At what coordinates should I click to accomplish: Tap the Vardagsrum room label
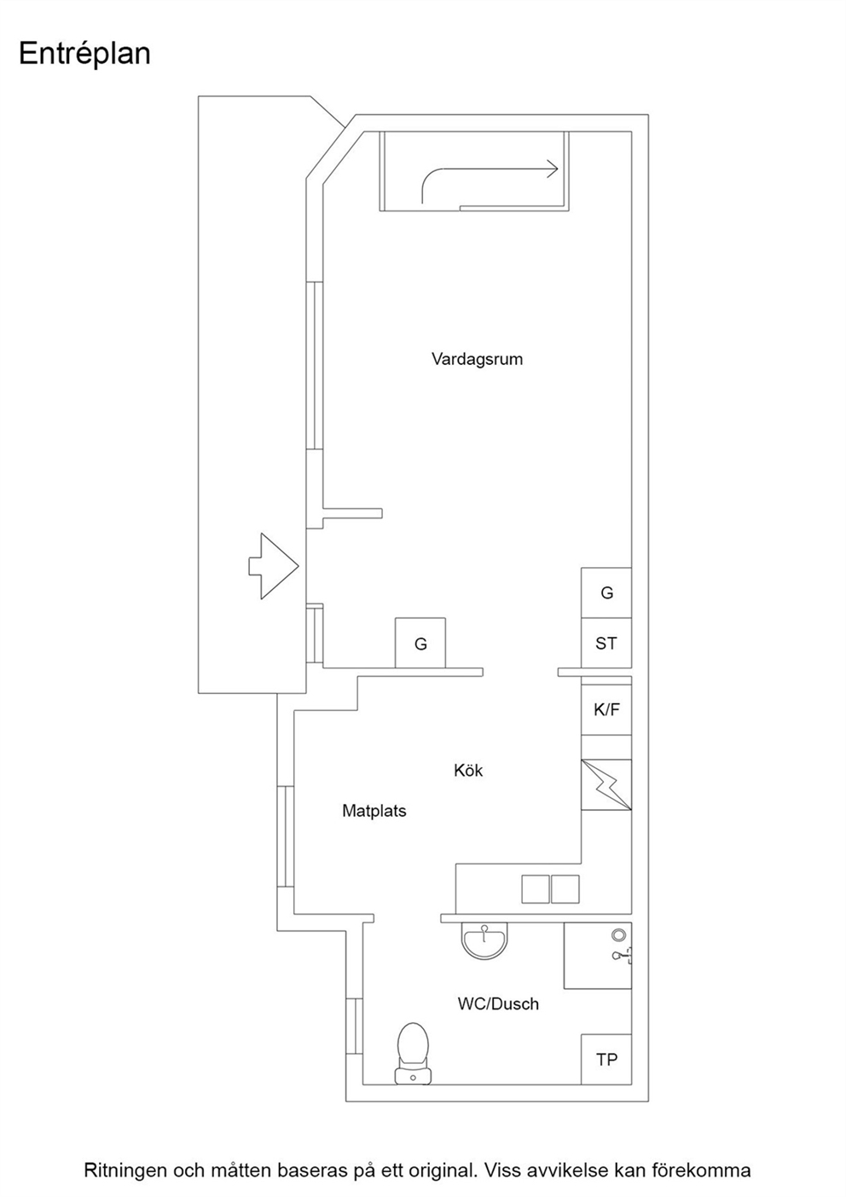[x=477, y=359]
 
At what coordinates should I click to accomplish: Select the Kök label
[x=467, y=770]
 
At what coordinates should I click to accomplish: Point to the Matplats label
[x=374, y=811]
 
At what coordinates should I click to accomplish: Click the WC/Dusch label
[x=498, y=1003]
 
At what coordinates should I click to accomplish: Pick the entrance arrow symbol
[x=273, y=566]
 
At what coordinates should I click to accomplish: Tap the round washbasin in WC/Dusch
[x=484, y=941]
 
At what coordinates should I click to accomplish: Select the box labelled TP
[x=606, y=1059]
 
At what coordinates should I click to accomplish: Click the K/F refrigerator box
[x=606, y=709]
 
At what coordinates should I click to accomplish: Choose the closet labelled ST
[x=606, y=643]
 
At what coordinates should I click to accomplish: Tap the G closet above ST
[x=606, y=593]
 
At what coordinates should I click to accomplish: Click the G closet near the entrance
[x=420, y=643]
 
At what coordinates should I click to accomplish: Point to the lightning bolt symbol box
[x=606, y=784]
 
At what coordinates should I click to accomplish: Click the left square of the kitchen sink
[x=536, y=888]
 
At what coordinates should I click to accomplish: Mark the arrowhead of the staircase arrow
[x=553, y=170]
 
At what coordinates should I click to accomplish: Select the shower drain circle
[x=619, y=934]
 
